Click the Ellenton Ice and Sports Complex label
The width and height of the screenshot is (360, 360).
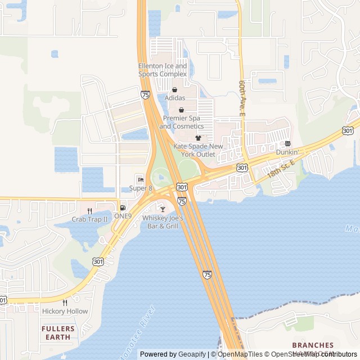tap(163, 70)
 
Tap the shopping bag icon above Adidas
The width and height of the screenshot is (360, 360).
tap(174, 89)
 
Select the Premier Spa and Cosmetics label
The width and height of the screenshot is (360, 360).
tap(181, 122)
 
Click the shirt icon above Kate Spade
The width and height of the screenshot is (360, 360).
tap(198, 138)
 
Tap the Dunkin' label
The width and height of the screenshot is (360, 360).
tap(287, 152)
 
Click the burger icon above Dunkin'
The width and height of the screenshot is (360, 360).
tap(287, 144)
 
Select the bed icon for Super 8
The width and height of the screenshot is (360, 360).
tap(141, 179)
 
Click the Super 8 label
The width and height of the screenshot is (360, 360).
tap(141, 188)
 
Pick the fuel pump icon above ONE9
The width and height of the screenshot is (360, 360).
tap(123, 208)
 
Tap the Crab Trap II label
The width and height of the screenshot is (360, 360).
tap(89, 219)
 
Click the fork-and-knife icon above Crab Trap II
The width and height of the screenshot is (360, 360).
tap(89, 211)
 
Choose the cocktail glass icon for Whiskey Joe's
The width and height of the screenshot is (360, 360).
tap(163, 209)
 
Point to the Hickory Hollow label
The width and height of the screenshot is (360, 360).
tap(65, 311)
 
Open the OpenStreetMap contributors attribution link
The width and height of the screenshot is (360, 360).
tap(315, 354)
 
